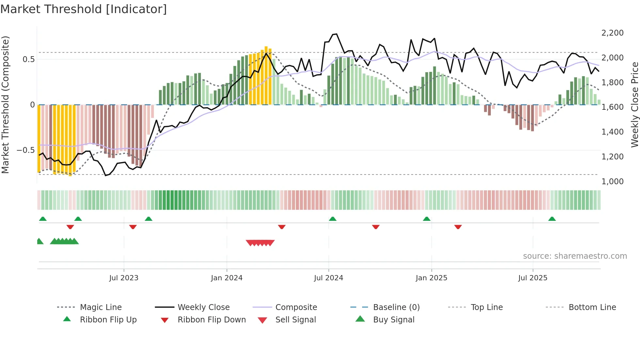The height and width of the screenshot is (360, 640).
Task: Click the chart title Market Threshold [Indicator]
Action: coord(84,9)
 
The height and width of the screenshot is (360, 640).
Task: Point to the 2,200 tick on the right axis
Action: coord(612,33)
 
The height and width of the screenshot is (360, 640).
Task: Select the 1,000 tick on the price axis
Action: coord(612,182)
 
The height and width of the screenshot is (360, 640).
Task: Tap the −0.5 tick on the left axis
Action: coord(26,150)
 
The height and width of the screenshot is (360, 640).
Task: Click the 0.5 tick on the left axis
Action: coord(29,59)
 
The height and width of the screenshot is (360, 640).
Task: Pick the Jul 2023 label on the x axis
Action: coord(124,278)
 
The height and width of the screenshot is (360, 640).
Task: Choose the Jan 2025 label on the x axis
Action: coord(431,278)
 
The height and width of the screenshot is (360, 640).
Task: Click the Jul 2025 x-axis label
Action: coord(533,278)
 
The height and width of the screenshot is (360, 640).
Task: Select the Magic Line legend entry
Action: coord(101,307)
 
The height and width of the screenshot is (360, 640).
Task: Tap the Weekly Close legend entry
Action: coord(203,307)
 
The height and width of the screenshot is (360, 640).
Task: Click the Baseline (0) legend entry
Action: coord(396,307)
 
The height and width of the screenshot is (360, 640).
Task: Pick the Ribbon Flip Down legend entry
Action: coord(212,320)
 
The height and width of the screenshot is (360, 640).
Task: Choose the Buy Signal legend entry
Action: coord(393,320)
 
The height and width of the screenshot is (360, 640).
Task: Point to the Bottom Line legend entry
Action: coord(592,307)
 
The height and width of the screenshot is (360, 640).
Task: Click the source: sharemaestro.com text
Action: coord(575,256)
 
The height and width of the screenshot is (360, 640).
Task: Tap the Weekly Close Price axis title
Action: coord(634,105)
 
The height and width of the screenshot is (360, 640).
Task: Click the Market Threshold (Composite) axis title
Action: coord(5,105)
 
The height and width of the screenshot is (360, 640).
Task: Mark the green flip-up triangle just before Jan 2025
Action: coord(426,219)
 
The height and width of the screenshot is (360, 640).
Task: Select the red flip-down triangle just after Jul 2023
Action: coord(133,227)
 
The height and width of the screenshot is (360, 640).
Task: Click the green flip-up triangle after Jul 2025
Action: coord(552,219)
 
